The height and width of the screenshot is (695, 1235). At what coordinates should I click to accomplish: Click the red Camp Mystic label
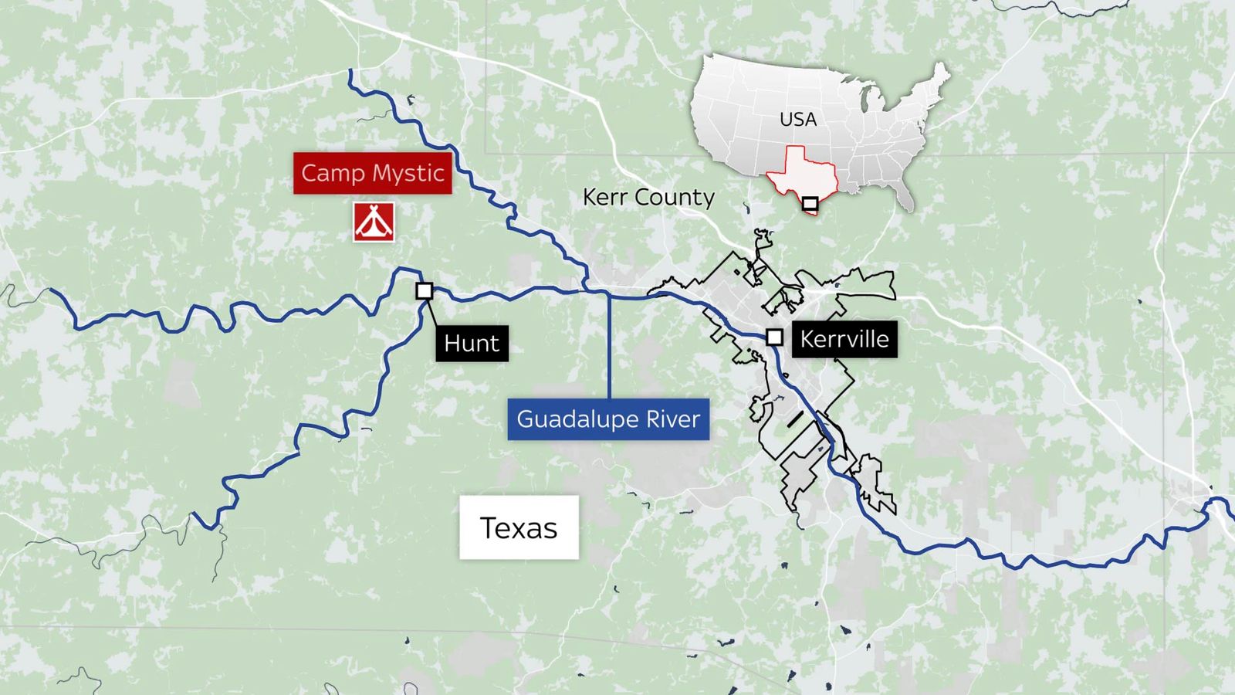[372, 173]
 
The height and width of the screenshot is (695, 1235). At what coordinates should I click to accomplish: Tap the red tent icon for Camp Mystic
[374, 222]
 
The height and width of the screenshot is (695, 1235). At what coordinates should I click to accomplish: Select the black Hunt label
[472, 343]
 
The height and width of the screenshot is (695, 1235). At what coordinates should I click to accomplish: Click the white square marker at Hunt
[425, 291]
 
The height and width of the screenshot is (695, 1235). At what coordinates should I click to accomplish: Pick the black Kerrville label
[844, 338]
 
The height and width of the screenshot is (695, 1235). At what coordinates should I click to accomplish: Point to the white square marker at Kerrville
[774, 337]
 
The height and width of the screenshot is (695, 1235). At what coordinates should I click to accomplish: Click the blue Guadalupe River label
[608, 419]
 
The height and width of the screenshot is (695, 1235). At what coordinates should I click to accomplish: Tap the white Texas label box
[519, 528]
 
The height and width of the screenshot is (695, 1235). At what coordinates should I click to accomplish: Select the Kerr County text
[648, 197]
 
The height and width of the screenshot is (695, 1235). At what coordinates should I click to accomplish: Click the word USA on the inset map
[797, 119]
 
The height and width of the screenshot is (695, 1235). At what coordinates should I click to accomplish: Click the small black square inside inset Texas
[810, 204]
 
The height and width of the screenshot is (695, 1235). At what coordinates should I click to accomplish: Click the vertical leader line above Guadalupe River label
[609, 347]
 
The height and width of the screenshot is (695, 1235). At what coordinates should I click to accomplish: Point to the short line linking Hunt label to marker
[431, 313]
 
